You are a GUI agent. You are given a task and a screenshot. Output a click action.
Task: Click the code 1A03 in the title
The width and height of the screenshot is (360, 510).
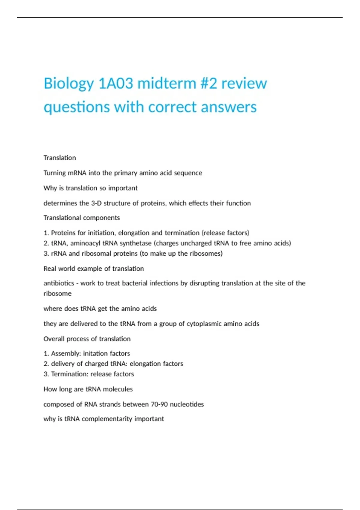click(x=115, y=83)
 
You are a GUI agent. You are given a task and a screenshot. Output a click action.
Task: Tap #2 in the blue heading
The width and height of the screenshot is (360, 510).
click(x=208, y=83)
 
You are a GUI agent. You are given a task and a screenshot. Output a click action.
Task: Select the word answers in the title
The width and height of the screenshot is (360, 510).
click(x=229, y=107)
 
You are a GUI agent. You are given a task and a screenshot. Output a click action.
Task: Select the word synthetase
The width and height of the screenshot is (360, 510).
click(x=136, y=243)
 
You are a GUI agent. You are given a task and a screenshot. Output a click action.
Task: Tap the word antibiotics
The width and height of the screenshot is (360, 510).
click(x=59, y=283)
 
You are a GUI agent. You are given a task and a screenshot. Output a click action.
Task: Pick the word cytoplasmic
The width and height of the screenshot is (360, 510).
click(x=204, y=324)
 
